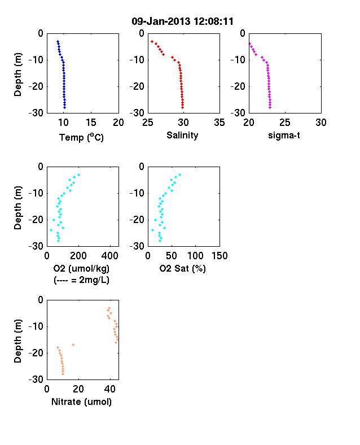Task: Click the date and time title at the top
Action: tap(183, 21)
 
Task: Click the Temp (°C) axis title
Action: tap(81, 137)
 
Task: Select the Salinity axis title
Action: tap(182, 135)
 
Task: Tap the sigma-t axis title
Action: tap(284, 136)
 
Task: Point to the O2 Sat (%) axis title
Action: tap(183, 268)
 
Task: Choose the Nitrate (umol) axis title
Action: tap(81, 402)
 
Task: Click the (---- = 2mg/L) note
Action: tap(81, 280)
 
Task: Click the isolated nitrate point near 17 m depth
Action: tap(73, 345)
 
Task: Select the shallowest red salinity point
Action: tap(152, 41)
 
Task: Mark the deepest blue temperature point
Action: tap(65, 107)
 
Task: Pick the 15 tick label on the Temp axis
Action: tap(91, 123)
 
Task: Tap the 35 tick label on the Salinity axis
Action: tap(219, 123)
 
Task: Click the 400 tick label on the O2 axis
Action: tap(110, 256)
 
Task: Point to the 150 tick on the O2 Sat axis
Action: tap(219, 256)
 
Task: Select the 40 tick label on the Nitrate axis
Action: tap(110, 389)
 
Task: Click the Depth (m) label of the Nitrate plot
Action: tap(17, 341)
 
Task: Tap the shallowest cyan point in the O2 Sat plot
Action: tap(179, 175)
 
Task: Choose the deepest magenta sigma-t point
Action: tap(270, 107)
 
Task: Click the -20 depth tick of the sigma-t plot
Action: tap(238, 86)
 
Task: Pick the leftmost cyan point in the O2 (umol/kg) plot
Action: tap(51, 230)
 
